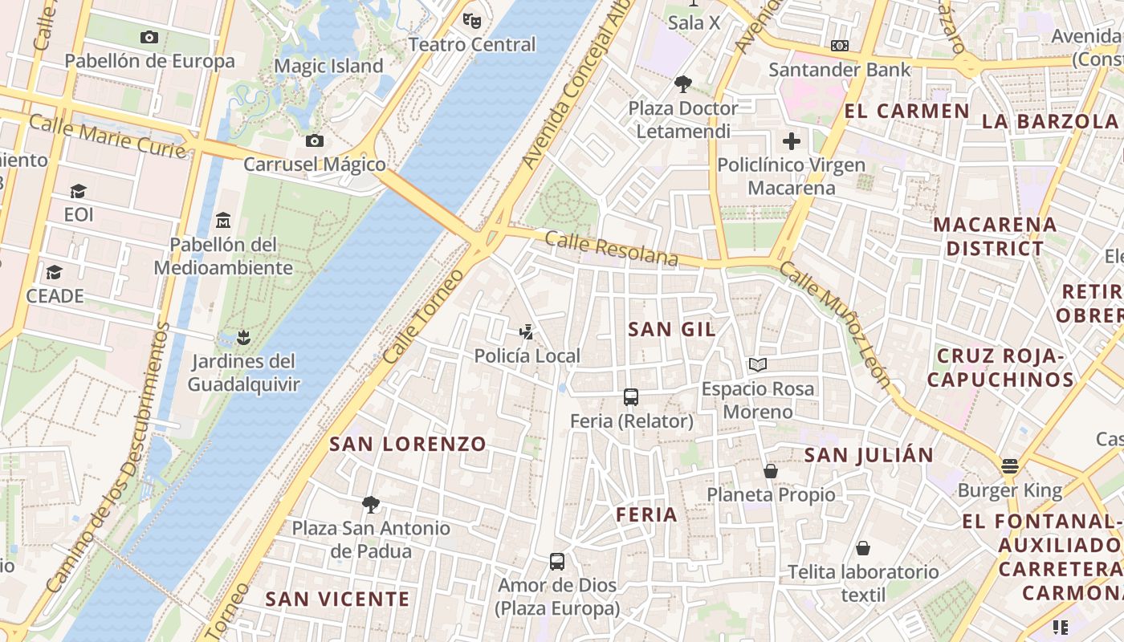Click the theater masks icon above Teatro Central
pyautogui.click(x=471, y=20)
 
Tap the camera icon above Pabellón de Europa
pyautogui.click(x=149, y=37)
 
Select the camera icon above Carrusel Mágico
pyautogui.click(x=315, y=141)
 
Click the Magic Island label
pyautogui.click(x=328, y=66)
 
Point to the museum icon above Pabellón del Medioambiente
pyautogui.click(x=223, y=220)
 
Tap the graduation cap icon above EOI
pyautogui.click(x=78, y=191)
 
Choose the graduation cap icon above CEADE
pyautogui.click(x=54, y=273)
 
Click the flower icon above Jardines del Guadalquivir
pyautogui.click(x=243, y=336)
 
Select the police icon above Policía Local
pyautogui.click(x=527, y=331)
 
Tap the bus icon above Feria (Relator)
pyautogui.click(x=631, y=397)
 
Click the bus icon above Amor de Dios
pyautogui.click(x=557, y=562)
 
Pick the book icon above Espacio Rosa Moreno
pyautogui.click(x=757, y=365)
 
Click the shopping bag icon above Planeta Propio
pyautogui.click(x=771, y=471)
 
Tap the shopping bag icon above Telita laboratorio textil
pyautogui.click(x=863, y=548)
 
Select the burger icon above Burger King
pyautogui.click(x=1009, y=466)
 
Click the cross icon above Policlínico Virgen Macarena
pyautogui.click(x=792, y=142)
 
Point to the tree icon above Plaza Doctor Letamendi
pyautogui.click(x=683, y=83)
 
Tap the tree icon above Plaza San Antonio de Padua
pyautogui.click(x=370, y=504)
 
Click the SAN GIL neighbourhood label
pyautogui.click(x=671, y=329)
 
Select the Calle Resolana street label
pyautogui.click(x=612, y=249)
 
